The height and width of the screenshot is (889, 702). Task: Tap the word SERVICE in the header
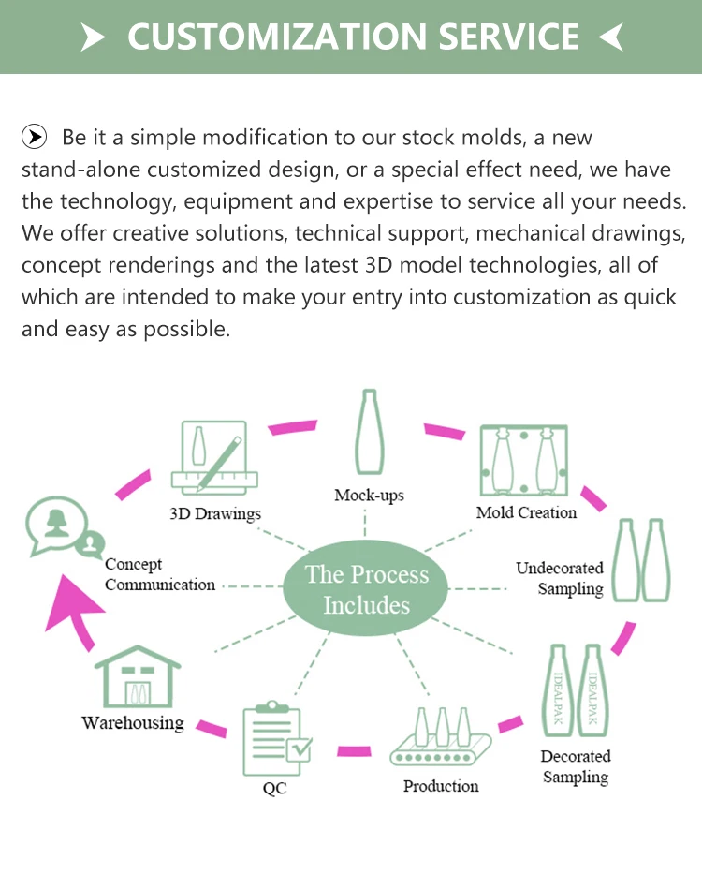point(505,37)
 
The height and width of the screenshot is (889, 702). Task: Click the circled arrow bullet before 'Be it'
point(35,138)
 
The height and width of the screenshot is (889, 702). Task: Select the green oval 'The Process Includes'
point(366,589)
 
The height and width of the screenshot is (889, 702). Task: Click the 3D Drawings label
point(215,513)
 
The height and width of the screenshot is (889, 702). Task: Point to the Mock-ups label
point(369,495)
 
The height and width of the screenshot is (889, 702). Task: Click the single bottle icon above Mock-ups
point(368,433)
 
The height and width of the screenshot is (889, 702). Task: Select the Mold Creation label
point(526,512)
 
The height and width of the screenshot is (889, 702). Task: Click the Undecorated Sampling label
point(560,578)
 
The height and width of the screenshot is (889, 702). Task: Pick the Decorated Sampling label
point(575,766)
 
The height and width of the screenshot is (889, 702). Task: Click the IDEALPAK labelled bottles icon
point(575,690)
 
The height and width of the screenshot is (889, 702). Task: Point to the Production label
point(441,786)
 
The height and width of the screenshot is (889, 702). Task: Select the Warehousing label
point(132,722)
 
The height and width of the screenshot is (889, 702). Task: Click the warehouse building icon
point(138,676)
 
